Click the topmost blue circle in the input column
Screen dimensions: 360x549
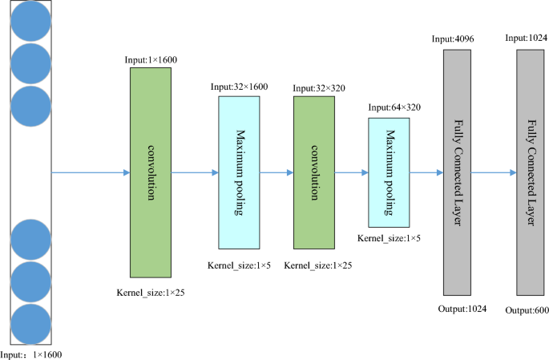(x=31, y=21)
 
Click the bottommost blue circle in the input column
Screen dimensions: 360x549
(x=31, y=324)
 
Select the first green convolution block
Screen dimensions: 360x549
(x=151, y=172)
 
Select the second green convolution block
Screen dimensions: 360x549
(x=314, y=172)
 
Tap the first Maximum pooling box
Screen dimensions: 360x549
(x=239, y=172)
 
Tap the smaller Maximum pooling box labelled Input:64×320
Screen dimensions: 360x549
(x=390, y=172)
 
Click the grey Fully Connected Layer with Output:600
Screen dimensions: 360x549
(x=534, y=172)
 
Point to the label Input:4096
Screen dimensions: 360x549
(x=454, y=38)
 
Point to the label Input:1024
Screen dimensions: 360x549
(x=527, y=38)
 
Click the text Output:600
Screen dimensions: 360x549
(x=527, y=309)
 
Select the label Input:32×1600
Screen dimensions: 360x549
(x=239, y=87)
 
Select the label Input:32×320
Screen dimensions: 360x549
(x=319, y=87)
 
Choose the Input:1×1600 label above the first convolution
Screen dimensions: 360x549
(x=152, y=59)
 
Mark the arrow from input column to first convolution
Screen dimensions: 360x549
(x=91, y=172)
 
